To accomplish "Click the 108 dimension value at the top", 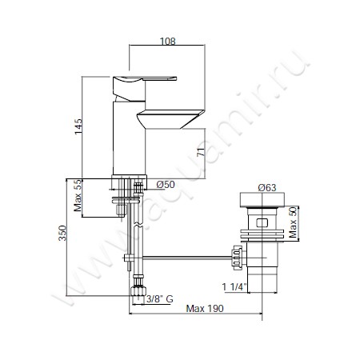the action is point(167,42).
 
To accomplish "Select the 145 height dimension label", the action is point(78,126).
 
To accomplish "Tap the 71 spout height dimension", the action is point(201,152).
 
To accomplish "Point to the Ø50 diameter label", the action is point(166,184).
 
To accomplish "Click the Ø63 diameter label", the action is point(267,188).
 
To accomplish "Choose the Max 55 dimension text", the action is point(78,195).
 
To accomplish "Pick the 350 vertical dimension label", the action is point(62,233).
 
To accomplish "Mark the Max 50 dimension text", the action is point(293,222).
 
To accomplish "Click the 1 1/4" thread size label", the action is point(234,287).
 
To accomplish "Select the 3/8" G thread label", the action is point(160,299).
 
